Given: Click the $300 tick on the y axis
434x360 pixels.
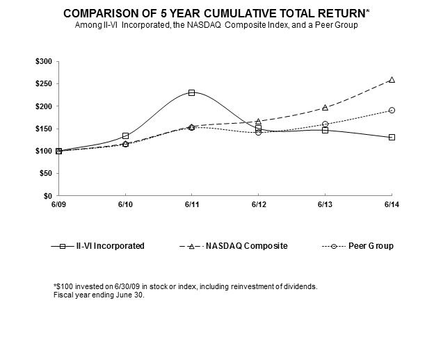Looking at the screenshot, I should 43,61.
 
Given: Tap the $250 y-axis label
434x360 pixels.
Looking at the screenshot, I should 43,83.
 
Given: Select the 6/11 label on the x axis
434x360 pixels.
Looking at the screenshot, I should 191,204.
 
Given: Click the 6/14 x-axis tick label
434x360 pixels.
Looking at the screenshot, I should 392,204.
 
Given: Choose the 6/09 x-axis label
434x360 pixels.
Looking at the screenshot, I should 58,204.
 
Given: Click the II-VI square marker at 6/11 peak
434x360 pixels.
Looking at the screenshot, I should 191,92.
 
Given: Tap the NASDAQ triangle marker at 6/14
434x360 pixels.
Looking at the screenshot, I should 392,80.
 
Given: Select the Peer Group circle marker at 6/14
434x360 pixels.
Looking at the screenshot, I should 392,111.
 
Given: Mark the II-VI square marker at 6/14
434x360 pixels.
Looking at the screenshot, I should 392,137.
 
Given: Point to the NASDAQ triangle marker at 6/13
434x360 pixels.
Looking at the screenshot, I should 325,108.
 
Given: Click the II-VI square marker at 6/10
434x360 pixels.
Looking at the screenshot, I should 125,136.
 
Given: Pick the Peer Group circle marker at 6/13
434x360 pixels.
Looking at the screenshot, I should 325,124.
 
